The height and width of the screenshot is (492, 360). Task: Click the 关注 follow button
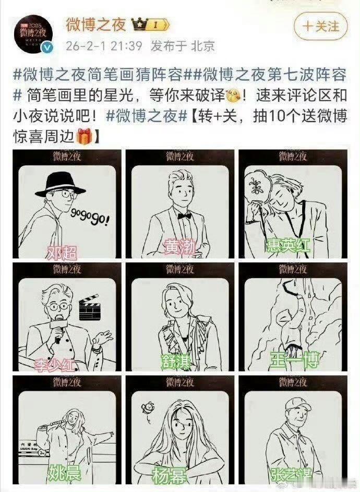pos(321,26)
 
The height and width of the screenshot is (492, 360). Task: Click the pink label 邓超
pos(62,253)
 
